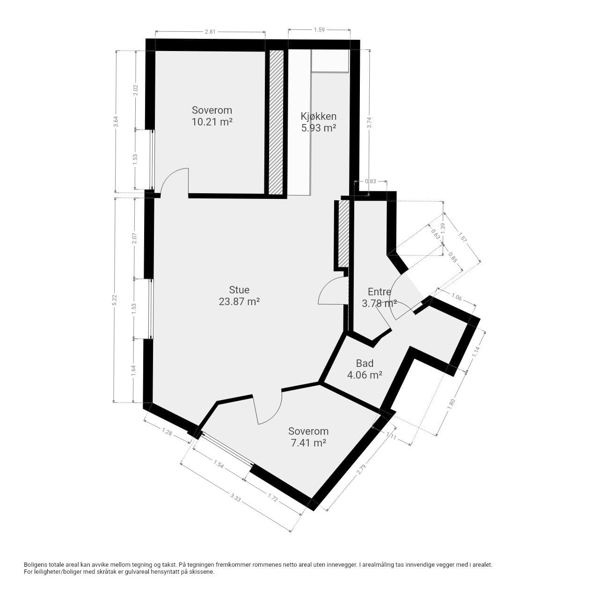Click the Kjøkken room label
pyautogui.click(x=318, y=116)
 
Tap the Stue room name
pyautogui.click(x=239, y=290)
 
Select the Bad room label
pyautogui.click(x=365, y=363)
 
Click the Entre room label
pyautogui.click(x=379, y=292)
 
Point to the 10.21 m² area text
pyautogui.click(x=212, y=122)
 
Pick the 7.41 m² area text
pyautogui.click(x=308, y=443)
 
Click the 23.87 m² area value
pyautogui.click(x=239, y=301)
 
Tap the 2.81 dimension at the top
pyautogui.click(x=210, y=31)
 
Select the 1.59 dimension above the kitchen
pyautogui.click(x=319, y=29)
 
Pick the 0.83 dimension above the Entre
pyautogui.click(x=371, y=181)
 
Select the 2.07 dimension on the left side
pyautogui.click(x=134, y=238)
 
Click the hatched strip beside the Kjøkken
pyautogui.click(x=276, y=123)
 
